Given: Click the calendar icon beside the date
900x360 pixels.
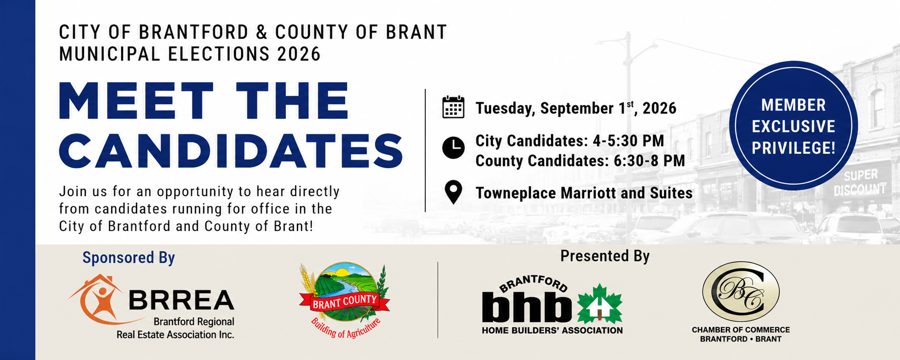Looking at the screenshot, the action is coord(453,107).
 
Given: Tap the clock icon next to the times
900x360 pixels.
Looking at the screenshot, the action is coord(453,148).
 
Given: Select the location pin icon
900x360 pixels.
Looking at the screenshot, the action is coord(453,192).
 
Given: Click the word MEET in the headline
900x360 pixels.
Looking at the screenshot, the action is coord(136,102).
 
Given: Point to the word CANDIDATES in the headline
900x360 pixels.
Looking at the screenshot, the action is coord(231,151).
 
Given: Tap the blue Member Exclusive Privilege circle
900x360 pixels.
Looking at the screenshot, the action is coord(793,126).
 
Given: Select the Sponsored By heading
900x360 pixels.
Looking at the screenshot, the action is coord(128,258).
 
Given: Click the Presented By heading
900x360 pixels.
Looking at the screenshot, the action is coord(605,256).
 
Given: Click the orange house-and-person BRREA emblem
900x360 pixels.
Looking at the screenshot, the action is coord(96,300).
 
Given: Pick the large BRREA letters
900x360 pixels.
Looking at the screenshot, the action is coord(182,300).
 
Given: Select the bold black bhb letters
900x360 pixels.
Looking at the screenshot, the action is coord(527,307).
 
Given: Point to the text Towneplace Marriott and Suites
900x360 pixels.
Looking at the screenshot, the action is coord(584,193).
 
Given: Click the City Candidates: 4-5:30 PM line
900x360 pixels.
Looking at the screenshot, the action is coord(570,141).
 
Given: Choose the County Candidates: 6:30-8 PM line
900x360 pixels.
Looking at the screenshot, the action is coord(580,161).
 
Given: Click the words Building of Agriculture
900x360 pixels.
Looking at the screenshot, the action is coord(345,328).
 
